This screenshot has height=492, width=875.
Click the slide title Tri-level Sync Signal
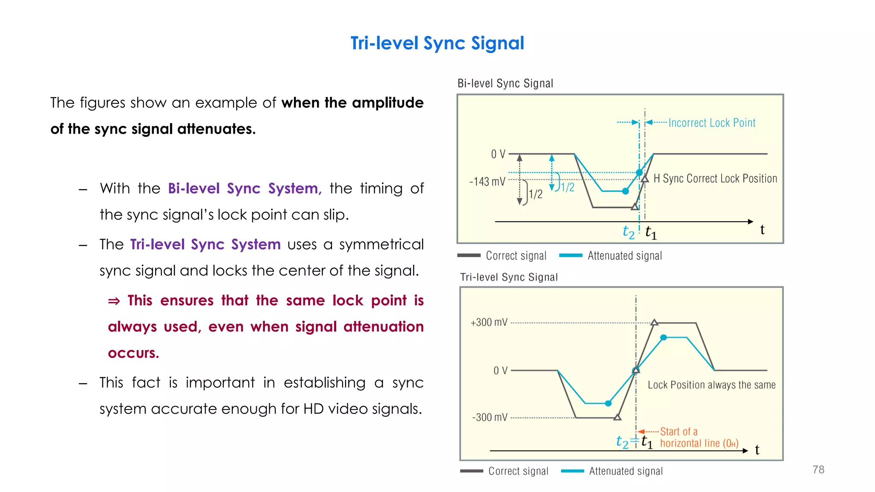437,43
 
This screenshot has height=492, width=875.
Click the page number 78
818,469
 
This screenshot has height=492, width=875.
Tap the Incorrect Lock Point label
712,123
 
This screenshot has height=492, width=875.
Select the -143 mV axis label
487,182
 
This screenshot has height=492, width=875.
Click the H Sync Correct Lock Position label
715,179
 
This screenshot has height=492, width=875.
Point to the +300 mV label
489,322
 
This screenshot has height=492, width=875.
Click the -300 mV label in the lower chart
490,417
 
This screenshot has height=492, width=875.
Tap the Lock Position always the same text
711,385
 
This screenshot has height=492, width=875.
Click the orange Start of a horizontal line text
699,437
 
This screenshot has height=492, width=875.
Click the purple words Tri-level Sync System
206,244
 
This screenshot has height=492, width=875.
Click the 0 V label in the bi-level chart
498,154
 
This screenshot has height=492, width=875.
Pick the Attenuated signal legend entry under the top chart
624,256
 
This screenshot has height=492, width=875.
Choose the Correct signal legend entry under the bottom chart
518,471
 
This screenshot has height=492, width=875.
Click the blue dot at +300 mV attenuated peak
664,337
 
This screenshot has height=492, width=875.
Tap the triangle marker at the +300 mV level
654,323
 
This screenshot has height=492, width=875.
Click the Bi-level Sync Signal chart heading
505,83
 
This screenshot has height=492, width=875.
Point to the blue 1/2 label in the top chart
568,187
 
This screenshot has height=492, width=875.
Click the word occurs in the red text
133,353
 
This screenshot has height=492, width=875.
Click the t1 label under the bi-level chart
651,232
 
